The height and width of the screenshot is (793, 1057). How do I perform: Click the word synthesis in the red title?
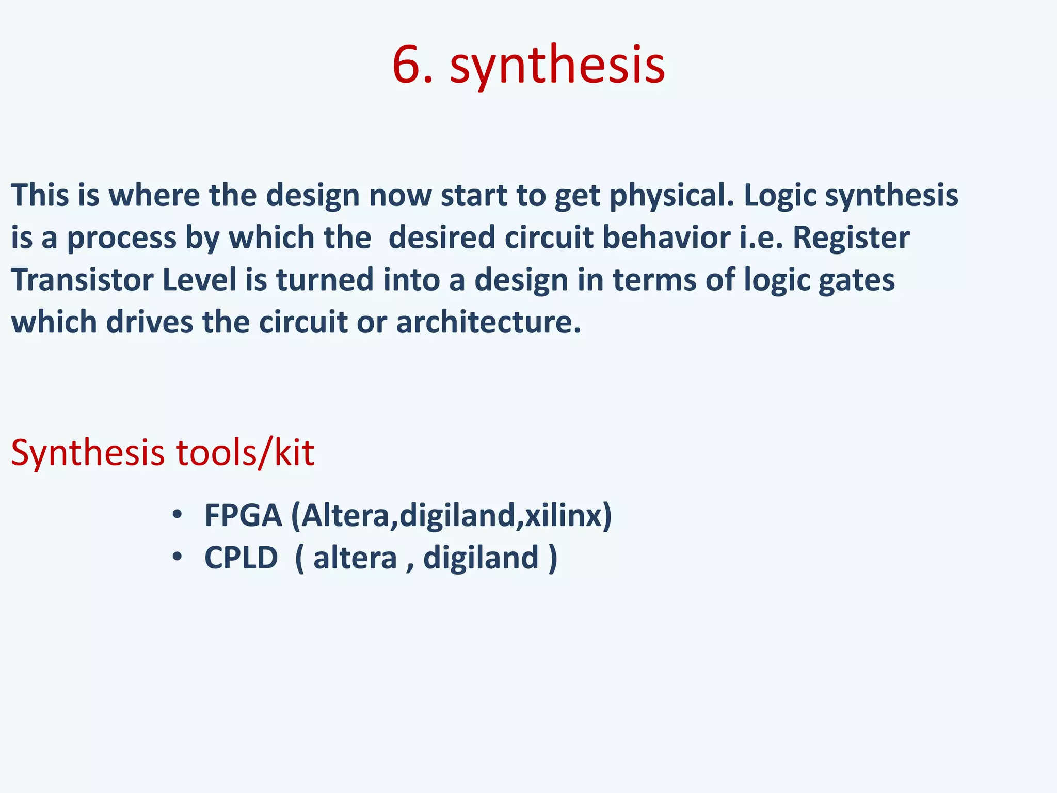pos(557,66)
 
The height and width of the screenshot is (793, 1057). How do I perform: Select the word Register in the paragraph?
pos(851,239)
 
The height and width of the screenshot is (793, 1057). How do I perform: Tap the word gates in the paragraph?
pos(857,281)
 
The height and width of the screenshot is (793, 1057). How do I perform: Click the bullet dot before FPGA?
pos(178,515)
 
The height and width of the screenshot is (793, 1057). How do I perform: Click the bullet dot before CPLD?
pos(178,557)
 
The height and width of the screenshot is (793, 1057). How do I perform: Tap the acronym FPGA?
pos(243,515)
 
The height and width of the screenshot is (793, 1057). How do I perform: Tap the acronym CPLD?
pos(241,558)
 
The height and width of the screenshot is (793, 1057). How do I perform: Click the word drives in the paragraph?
pos(149,323)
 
